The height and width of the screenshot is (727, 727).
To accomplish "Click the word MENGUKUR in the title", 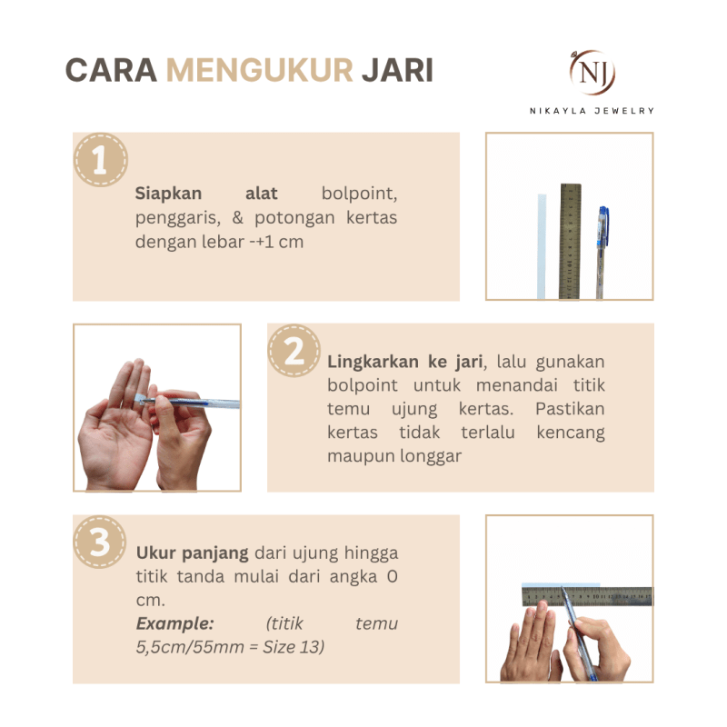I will (260, 70).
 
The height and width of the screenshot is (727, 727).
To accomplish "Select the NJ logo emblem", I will (592, 72).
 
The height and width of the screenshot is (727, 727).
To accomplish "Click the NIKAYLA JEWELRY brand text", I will (592, 110).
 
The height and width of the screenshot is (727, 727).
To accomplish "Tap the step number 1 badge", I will (100, 161).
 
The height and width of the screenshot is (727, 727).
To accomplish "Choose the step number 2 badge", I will (294, 352).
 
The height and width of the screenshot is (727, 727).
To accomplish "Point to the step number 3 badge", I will (100, 543).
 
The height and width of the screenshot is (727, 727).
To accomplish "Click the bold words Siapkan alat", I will (206, 194).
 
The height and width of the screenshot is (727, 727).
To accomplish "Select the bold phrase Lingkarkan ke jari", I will (404, 362).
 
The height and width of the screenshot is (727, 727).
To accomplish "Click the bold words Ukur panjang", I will (193, 553).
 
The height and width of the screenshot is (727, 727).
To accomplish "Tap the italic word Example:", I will (174, 623).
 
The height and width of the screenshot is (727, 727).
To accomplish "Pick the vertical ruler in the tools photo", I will (570, 240).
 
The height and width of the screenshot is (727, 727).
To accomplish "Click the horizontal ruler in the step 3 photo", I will (600, 596).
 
